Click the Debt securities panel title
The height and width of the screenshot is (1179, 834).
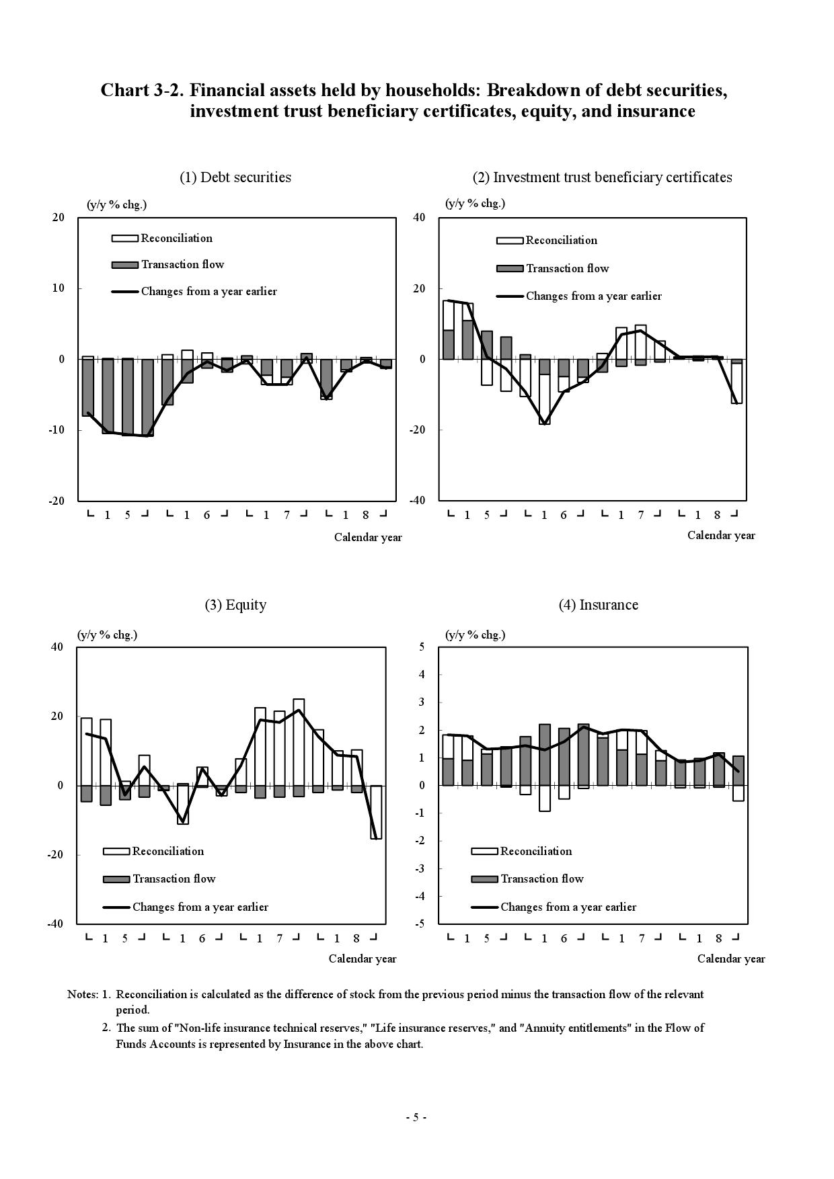point(235,177)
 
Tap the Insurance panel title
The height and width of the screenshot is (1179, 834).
point(598,605)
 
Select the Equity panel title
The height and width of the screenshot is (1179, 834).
point(235,605)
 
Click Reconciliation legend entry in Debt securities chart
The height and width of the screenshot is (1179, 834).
point(176,238)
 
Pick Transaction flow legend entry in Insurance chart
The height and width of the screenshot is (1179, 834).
point(541,879)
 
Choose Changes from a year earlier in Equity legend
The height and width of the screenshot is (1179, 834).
point(200,907)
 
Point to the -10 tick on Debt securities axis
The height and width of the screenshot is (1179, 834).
point(56,430)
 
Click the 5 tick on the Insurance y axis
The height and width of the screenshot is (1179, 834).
point(422,647)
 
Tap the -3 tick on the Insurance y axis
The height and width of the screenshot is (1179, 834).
point(420,869)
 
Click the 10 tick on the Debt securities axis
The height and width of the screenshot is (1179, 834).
point(59,288)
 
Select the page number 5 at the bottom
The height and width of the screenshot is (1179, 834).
point(416,1118)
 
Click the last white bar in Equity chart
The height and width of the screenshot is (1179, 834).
point(376,812)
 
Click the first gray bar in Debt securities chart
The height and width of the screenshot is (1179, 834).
point(87,388)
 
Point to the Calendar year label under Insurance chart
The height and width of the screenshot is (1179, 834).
point(730,959)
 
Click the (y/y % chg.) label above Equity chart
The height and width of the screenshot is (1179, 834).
point(107,635)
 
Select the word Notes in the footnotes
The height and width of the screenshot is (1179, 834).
point(82,994)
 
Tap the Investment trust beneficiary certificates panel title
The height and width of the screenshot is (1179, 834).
point(602,177)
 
